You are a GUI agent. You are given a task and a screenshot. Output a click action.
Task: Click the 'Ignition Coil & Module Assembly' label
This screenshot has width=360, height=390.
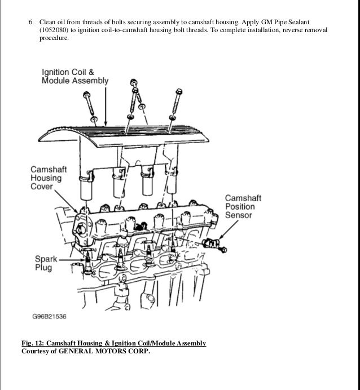[x=74, y=77]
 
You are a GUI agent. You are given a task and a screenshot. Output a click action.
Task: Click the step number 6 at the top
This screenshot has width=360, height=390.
[x=31, y=20]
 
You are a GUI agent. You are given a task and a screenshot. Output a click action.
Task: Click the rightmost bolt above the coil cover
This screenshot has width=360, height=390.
[x=179, y=99]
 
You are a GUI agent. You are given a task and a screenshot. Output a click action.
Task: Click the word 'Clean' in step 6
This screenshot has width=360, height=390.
[x=47, y=20]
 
